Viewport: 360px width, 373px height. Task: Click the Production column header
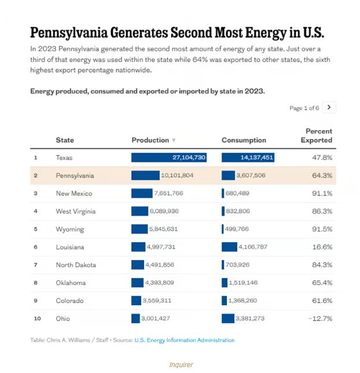(150, 140)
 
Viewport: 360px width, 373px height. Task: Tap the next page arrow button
(329, 107)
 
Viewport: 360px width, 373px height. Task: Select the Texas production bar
(168, 157)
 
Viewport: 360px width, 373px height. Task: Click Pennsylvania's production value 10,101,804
(177, 175)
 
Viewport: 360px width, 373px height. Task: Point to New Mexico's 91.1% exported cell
(322, 193)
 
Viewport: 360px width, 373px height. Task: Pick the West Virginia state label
(75, 211)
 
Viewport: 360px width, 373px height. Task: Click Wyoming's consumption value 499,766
(241, 229)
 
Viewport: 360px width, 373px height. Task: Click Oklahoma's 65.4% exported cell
(322, 283)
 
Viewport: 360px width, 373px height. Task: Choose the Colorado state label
(69, 301)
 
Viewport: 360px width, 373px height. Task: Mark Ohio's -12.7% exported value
(320, 319)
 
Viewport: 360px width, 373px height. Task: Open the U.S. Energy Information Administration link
(185, 340)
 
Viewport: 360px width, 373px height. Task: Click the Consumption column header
(244, 140)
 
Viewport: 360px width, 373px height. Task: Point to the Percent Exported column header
(319, 135)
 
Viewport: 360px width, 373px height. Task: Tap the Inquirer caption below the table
(181, 364)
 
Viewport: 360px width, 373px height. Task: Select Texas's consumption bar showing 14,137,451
(248, 157)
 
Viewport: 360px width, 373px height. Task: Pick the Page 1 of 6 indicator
(303, 108)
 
